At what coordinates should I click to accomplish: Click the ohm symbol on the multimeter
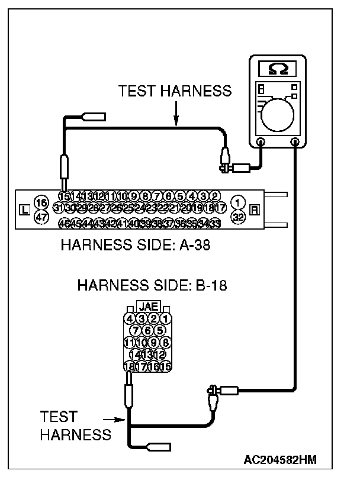278,69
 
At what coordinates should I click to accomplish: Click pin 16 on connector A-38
41,202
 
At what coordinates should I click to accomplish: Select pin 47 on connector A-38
41,217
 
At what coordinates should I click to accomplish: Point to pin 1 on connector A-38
238,202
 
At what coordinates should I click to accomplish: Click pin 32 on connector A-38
238,217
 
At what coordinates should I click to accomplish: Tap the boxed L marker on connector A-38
24,210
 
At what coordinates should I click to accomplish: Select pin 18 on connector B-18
129,367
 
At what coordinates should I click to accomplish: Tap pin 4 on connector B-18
130,318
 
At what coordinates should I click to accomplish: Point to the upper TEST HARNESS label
175,91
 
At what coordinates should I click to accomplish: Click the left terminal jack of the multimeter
261,142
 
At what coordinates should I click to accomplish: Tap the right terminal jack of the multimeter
295,142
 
